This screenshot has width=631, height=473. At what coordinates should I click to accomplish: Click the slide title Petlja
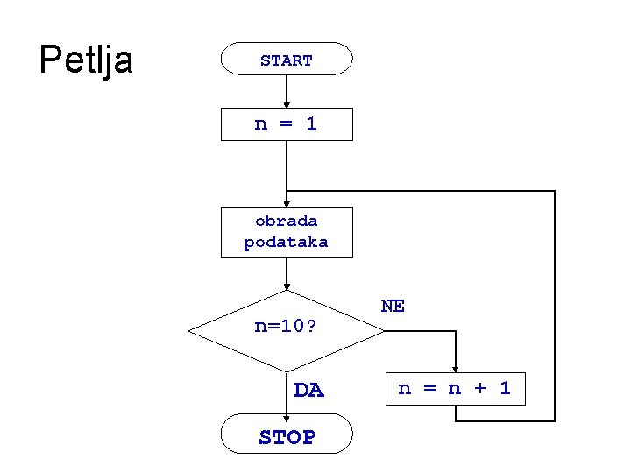[x=86, y=60]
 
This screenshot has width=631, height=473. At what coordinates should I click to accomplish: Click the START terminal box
[x=287, y=60]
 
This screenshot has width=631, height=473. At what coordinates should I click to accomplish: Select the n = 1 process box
[x=287, y=124]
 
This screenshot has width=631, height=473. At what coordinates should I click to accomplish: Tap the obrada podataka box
[x=287, y=232]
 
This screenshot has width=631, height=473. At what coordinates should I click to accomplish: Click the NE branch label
[x=393, y=306]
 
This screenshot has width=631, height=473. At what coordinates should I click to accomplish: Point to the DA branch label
[x=308, y=391]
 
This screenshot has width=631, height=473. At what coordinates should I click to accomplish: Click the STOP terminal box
[x=287, y=435]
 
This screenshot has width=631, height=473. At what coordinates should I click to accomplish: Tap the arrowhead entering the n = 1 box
[x=287, y=103]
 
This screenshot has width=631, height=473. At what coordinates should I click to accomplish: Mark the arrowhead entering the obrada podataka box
[x=287, y=202]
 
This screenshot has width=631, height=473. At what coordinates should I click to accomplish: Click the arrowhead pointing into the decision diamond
[x=287, y=286]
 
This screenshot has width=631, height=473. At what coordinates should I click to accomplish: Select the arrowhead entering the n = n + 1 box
[x=455, y=368]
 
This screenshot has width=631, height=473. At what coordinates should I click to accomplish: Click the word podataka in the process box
[x=287, y=243]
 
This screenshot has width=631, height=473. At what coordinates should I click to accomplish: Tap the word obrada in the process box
[x=287, y=221]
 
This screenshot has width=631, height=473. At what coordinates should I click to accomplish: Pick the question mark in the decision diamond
[x=312, y=328]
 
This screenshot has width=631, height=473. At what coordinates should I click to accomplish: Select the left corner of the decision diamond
[x=191, y=331]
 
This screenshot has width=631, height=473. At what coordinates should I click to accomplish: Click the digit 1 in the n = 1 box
[x=311, y=124]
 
